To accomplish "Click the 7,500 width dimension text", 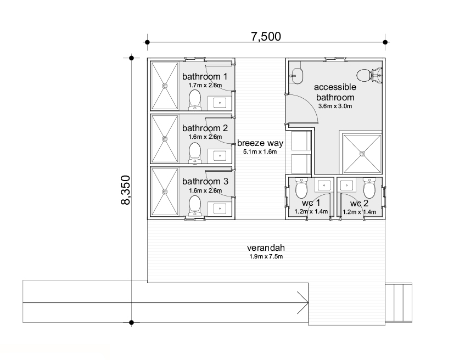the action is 266,36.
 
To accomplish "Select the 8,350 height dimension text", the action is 126,190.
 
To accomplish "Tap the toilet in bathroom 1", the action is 194,100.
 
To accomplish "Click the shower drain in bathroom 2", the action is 165,139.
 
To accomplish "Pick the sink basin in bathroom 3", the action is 220,209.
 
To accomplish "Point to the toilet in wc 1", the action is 302,188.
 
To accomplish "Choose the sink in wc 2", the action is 346,185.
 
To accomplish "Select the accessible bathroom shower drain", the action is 362,154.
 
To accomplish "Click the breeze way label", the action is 260,143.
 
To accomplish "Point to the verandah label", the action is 266,248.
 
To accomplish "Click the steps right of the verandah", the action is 399,302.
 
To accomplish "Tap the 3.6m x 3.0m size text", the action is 335,106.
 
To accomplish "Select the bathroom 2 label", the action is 205,128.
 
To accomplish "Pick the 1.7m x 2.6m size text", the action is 205,86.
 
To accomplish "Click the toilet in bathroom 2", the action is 194,153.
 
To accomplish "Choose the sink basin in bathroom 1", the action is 220,103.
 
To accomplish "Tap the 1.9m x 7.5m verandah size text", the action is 266,256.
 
